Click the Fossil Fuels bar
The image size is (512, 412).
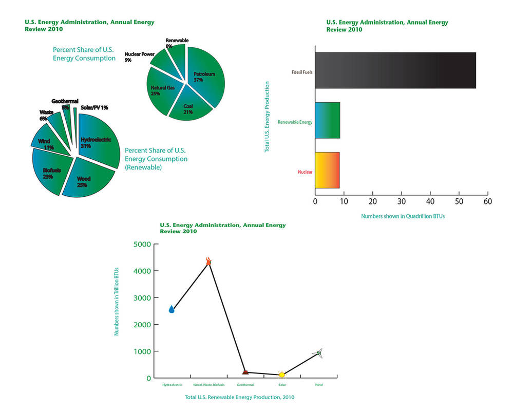[x=395, y=70]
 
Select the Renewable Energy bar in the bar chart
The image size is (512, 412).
[x=327, y=120]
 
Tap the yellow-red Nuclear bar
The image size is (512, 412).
[x=327, y=170]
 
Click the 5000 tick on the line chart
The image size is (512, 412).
[x=142, y=244]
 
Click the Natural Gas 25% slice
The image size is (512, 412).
[x=162, y=90]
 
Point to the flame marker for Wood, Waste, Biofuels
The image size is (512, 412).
[x=208, y=261]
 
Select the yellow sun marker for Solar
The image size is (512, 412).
[x=281, y=374]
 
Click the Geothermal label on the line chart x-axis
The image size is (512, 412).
[x=245, y=385]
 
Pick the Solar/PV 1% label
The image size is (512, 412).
[x=94, y=108]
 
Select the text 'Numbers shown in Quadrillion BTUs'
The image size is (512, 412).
[x=403, y=216]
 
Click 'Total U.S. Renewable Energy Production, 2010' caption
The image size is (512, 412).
[x=239, y=397]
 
